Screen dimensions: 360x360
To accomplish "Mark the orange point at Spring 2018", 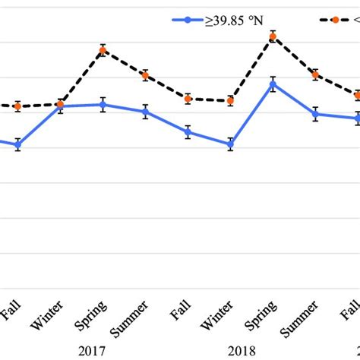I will tap(273, 36).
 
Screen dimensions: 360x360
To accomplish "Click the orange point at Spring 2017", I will tap(103, 51).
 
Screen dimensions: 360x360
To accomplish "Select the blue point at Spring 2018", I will tap(273, 84).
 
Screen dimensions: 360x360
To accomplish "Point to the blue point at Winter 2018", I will tap(230, 144).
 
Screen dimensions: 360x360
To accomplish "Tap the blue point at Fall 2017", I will tap(188, 131).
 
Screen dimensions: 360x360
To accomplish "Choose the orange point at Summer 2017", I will tap(145, 75).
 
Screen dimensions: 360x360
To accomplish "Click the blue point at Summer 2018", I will tap(315, 114).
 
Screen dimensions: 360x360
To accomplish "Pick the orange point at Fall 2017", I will tap(188, 98).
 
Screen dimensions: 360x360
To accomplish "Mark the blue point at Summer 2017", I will tap(145, 112).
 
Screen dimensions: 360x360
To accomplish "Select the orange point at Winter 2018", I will tap(230, 100).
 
